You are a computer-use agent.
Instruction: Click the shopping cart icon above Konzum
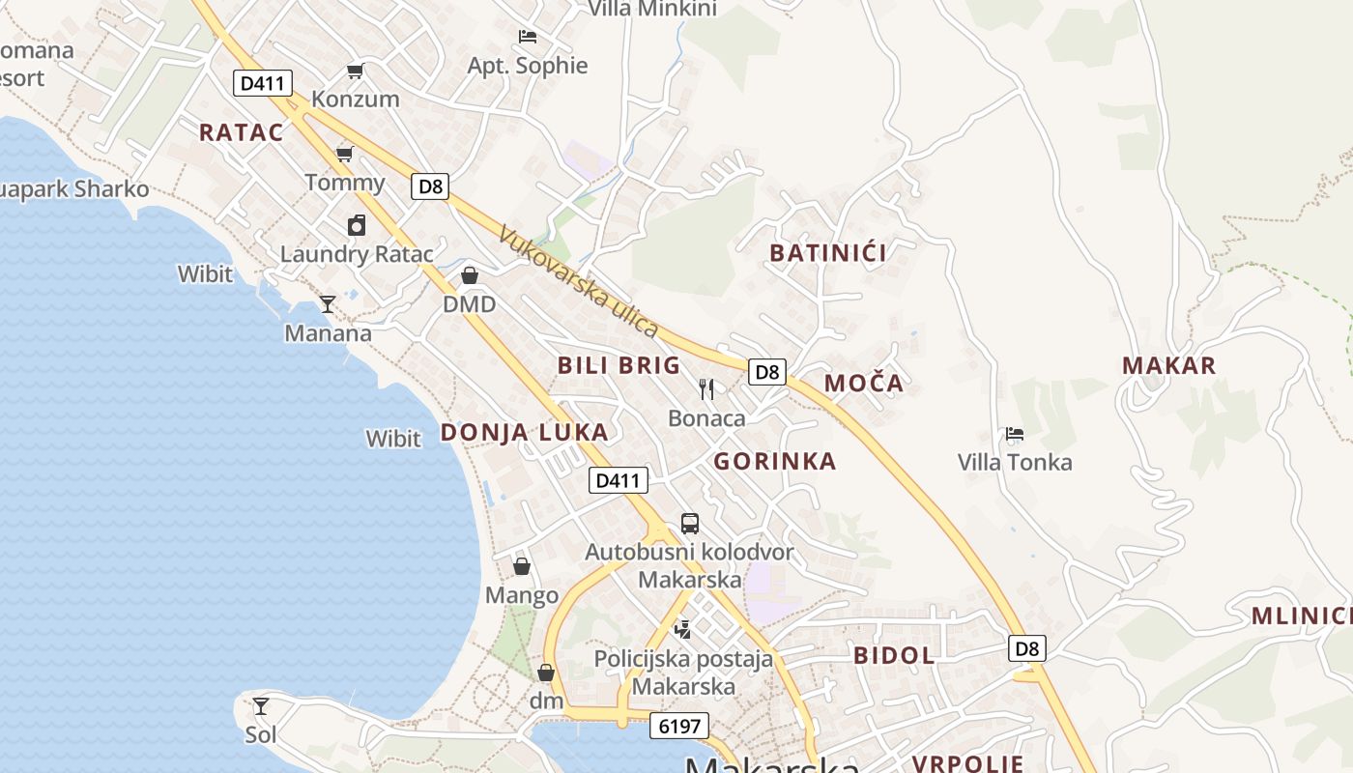(355, 71)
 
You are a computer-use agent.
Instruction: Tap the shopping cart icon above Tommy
(344, 154)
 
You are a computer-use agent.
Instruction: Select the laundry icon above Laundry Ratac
(357, 225)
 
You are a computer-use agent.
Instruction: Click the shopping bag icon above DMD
(470, 275)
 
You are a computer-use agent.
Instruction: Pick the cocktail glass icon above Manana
(328, 304)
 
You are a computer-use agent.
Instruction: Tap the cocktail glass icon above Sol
(261, 706)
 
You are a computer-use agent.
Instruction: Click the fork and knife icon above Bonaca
(706, 388)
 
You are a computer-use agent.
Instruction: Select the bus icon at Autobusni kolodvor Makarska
(689, 524)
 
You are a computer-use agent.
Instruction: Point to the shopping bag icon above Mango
(522, 566)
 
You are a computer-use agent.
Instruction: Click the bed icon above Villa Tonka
(1015, 434)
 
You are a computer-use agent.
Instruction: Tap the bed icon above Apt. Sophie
(528, 37)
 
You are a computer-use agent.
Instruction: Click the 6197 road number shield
(679, 726)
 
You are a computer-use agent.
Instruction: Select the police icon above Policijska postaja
(683, 630)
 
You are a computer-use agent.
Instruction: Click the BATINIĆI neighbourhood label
(828, 253)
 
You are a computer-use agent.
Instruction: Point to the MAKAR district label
(1168, 365)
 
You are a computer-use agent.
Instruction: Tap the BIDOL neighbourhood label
(894, 655)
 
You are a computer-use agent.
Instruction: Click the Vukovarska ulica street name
(579, 281)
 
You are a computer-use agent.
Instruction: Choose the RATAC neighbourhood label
(242, 132)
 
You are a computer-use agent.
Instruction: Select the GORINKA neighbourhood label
(775, 461)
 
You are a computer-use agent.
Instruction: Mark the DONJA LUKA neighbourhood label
(525, 432)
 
